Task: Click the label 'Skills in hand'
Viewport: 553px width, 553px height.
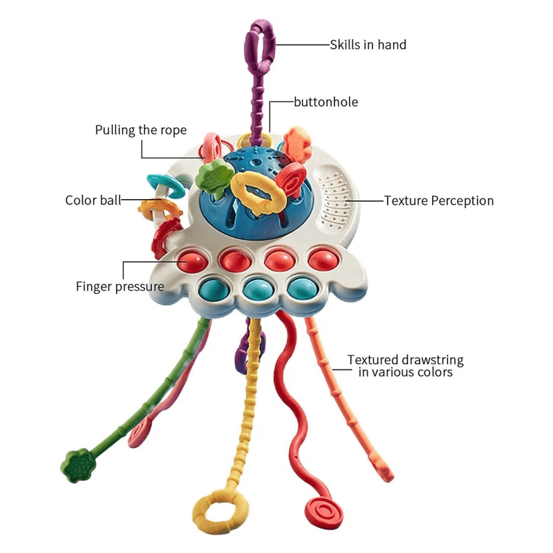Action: [x=368, y=45]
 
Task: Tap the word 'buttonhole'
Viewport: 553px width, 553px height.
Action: [x=326, y=102]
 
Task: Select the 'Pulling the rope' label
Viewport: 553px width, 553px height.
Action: [x=141, y=130]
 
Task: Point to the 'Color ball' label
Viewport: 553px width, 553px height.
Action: [x=92, y=200]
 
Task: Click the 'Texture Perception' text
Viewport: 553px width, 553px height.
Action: [x=439, y=201]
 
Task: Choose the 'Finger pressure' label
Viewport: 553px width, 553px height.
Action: [x=120, y=286]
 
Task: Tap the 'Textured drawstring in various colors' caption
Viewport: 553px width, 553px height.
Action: [x=405, y=366]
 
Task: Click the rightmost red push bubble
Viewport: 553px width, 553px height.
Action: [x=321, y=259]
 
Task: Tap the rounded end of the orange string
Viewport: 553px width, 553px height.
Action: [x=386, y=475]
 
